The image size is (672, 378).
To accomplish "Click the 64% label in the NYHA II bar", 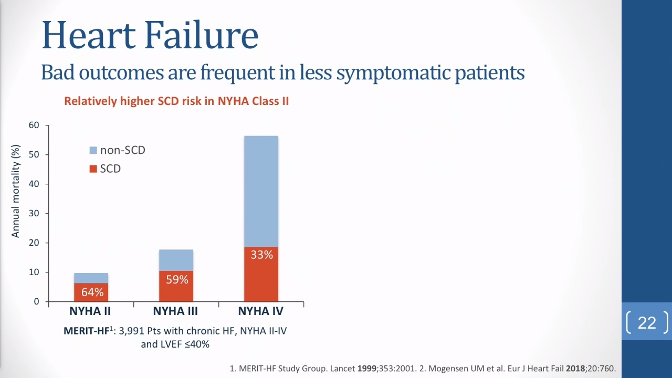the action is [x=92, y=292].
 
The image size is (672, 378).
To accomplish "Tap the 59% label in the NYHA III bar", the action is [x=177, y=280].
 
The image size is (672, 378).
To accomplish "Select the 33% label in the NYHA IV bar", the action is [x=261, y=255].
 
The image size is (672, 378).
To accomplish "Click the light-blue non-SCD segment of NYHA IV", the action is [x=261, y=192].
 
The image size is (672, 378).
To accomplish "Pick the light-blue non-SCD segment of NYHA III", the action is [x=176, y=260].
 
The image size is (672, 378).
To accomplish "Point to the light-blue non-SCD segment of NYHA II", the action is [x=91, y=278].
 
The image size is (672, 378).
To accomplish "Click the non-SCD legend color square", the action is [x=93, y=150].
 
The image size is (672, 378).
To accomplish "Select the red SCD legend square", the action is [x=93, y=169].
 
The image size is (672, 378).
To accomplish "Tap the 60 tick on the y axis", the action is [x=34, y=125].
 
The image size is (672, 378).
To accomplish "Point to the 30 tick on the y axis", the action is [x=34, y=213].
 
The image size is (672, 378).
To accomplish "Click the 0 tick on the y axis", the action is [x=37, y=301].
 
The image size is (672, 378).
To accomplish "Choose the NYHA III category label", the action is [x=175, y=311].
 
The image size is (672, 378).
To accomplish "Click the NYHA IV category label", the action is [x=261, y=311].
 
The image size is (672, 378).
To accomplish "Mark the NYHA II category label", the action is [x=90, y=311].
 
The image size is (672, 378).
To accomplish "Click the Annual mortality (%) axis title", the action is [x=15, y=191].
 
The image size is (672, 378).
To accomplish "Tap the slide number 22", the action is [x=647, y=323].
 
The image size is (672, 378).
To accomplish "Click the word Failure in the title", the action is [x=201, y=35].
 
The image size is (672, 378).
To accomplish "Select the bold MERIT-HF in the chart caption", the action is [x=87, y=331].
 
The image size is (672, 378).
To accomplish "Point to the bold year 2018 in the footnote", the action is [x=575, y=369].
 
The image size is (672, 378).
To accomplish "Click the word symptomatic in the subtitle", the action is [x=393, y=73].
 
